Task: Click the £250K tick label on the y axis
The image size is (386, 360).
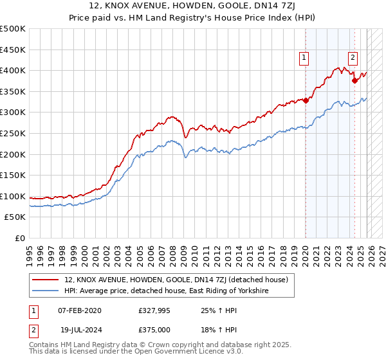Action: pyautogui.click(x=13, y=133)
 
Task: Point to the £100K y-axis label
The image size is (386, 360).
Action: pyautogui.click(x=13, y=196)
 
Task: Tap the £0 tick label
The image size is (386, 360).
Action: pyautogui.click(x=19, y=239)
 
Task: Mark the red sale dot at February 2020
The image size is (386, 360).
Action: pyautogui.click(x=306, y=100)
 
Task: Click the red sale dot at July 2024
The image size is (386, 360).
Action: pyautogui.click(x=354, y=80)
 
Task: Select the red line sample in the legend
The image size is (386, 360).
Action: pyautogui.click(x=46, y=280)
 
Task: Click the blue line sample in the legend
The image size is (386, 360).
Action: pyautogui.click(x=46, y=291)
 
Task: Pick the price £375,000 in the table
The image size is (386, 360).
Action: pyautogui.click(x=154, y=329)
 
